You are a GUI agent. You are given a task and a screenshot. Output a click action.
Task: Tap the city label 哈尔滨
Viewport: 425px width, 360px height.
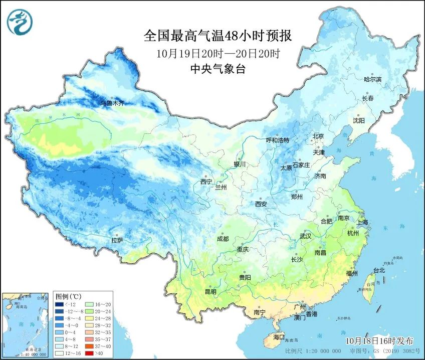click(372, 79)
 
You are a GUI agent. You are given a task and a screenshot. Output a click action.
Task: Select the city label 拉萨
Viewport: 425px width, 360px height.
click(117, 241)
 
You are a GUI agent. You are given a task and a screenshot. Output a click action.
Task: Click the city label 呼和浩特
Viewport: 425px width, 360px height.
click(277, 140)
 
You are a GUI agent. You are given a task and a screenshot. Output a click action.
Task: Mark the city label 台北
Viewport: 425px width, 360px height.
click(378, 270)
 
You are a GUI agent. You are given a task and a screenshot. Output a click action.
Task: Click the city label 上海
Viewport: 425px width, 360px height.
click(362, 222)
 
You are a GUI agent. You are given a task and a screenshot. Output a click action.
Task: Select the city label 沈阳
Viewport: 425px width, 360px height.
click(358, 120)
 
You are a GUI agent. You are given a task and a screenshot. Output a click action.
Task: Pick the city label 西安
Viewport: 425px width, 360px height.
click(261, 204)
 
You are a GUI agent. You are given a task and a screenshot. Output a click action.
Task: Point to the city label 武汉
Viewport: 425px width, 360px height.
click(305, 236)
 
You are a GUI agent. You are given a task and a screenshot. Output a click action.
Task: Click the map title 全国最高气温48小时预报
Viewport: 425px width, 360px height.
click(218, 36)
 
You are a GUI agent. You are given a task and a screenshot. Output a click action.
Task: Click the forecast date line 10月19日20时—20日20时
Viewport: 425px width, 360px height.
click(217, 53)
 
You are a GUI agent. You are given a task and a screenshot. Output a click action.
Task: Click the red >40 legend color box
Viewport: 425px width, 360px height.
click(87, 353)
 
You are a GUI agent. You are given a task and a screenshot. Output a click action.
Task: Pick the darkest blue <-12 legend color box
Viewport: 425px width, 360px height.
click(59, 304)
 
